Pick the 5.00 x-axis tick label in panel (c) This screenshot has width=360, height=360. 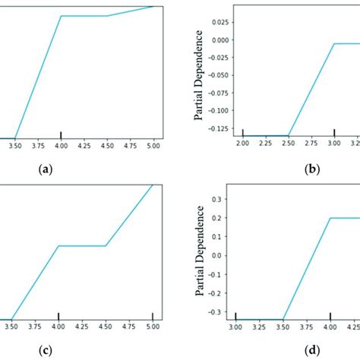coord(153,327)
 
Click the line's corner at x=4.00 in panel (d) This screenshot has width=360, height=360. coord(330,217)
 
